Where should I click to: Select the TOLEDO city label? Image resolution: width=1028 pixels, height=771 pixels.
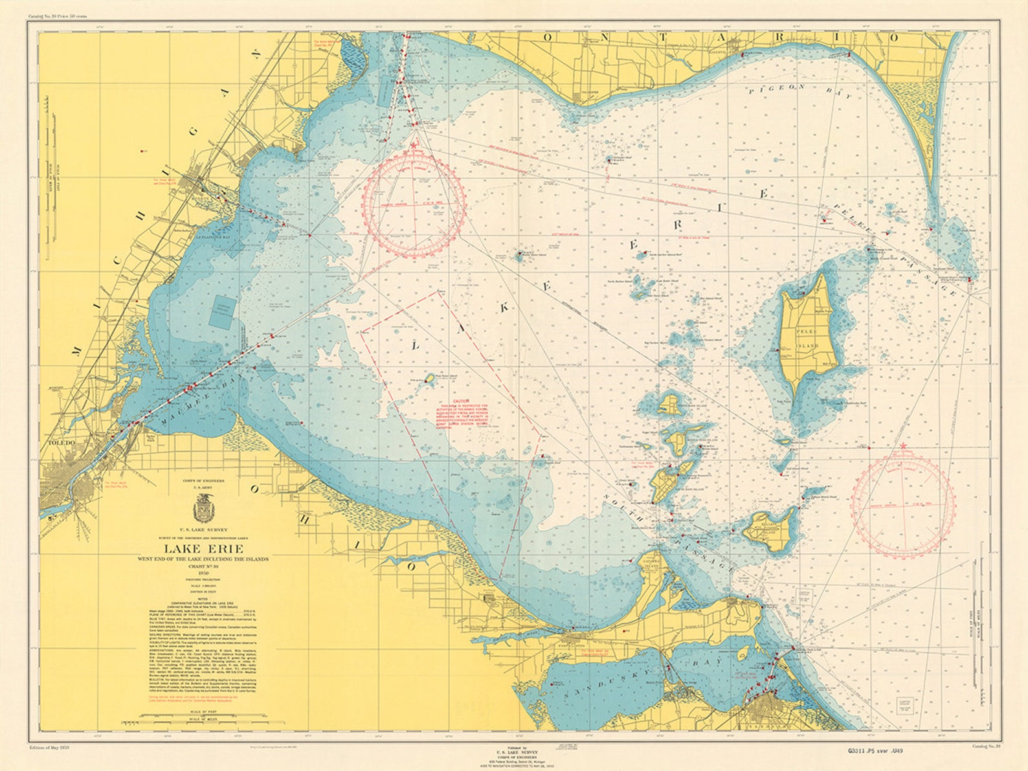click(x=62, y=443)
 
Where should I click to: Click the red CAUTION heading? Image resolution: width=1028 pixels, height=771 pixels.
click(x=460, y=401)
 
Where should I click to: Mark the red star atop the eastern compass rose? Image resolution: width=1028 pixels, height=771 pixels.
click(x=902, y=446)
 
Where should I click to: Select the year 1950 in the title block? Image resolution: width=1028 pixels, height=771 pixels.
click(x=204, y=572)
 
